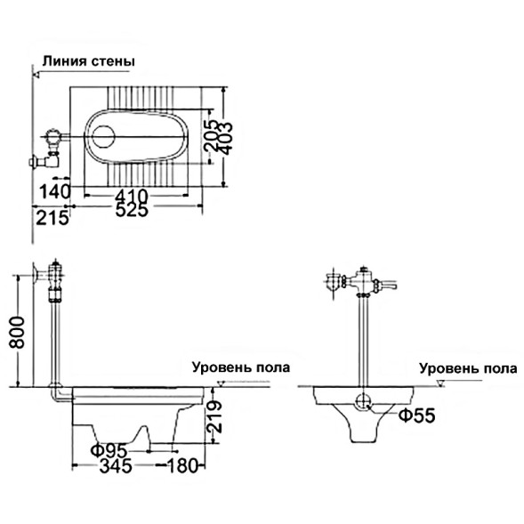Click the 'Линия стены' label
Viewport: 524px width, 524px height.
87,61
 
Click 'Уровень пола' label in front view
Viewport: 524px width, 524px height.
468,367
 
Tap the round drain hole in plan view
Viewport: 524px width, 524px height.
104,137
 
